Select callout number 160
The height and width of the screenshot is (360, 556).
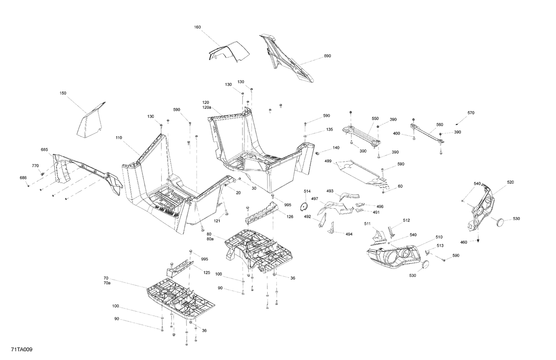(197, 27)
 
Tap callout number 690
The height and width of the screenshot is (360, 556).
(327, 56)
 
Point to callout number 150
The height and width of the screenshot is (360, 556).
(63, 93)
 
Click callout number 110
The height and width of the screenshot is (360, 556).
(119, 138)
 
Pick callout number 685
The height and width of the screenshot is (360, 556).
(44, 150)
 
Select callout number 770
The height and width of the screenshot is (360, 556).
(35, 166)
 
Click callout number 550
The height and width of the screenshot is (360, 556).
(375, 119)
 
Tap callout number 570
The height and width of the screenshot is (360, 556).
(471, 113)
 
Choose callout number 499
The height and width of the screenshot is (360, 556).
(328, 161)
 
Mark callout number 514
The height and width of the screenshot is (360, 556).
(307, 191)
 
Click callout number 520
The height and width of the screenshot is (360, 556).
(511, 182)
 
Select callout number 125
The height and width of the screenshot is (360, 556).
(206, 273)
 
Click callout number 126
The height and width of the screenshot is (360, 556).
(290, 216)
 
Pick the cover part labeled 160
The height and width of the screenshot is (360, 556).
(228, 52)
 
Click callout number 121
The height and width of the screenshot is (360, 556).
(217, 221)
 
